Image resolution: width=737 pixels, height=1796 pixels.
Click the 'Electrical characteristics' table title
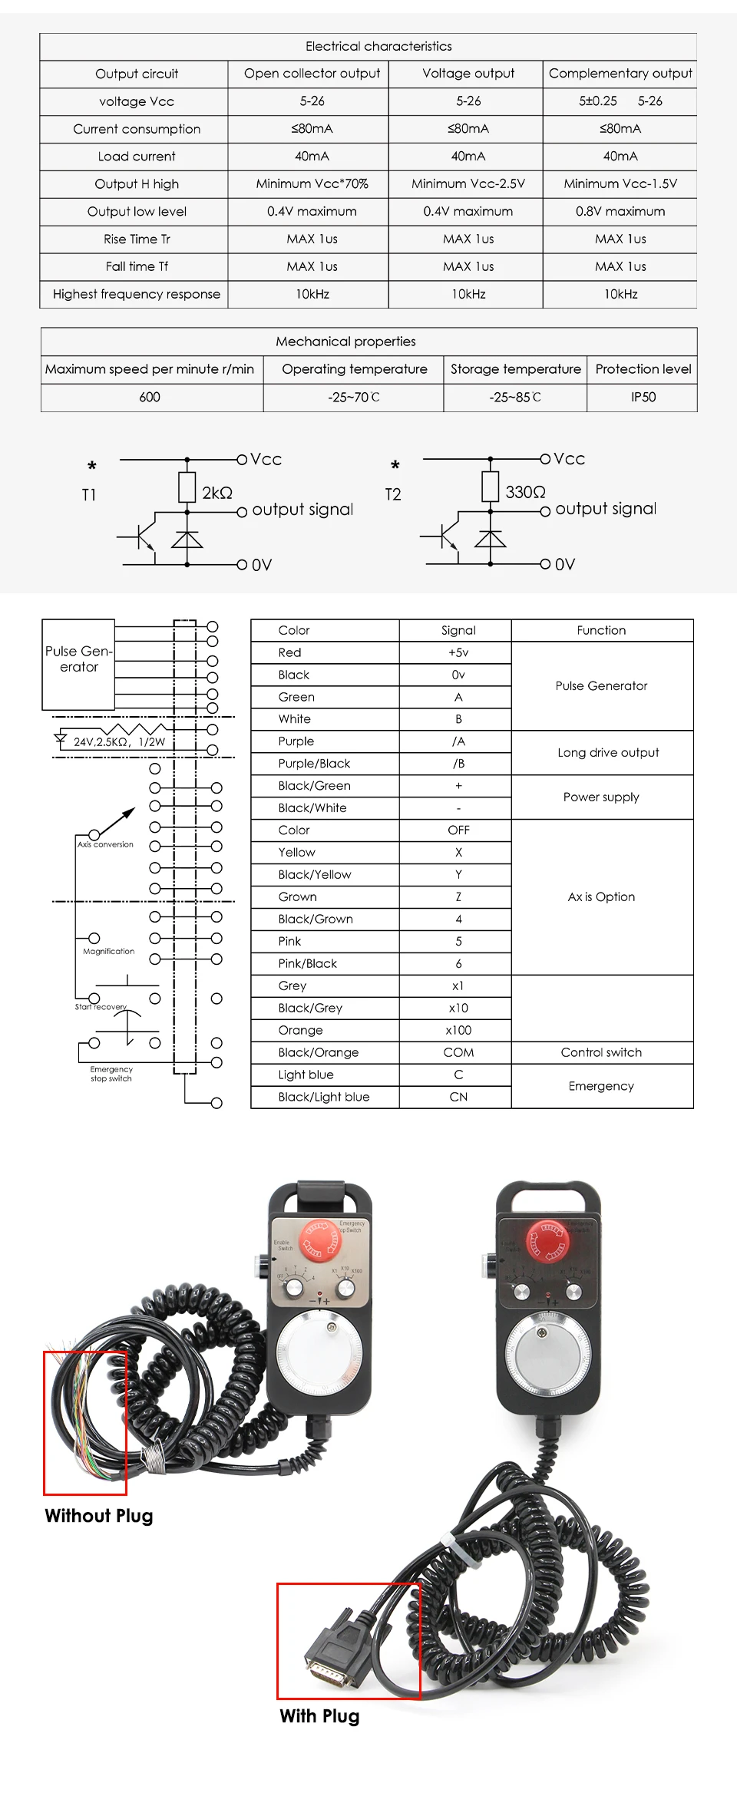coord(378,46)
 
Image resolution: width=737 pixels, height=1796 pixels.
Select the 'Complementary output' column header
coord(620,74)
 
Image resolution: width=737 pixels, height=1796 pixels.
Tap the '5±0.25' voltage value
coord(598,101)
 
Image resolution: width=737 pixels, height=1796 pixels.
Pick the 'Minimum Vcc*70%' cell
coord(312,184)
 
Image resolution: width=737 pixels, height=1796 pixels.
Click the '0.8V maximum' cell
coord(620,212)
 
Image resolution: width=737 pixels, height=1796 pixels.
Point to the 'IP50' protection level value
coord(643,398)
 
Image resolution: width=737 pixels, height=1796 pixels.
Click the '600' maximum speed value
coord(150,398)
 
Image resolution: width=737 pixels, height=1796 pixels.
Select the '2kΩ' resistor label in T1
coord(217,493)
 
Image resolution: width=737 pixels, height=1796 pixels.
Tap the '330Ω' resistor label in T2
coord(525,492)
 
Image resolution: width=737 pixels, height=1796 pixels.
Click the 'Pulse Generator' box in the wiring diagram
coord(78,663)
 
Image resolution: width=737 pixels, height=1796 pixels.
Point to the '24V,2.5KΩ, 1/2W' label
coord(119,742)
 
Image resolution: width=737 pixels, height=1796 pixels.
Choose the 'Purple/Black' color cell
coord(314,764)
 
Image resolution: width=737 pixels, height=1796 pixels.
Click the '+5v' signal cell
coord(458,652)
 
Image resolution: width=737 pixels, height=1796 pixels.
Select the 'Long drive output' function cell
coord(608,753)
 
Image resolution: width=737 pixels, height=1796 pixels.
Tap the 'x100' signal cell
coord(458,1031)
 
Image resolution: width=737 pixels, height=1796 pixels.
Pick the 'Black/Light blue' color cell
coord(324,1098)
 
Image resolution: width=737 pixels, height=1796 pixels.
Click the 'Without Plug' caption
coord(99,1516)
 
